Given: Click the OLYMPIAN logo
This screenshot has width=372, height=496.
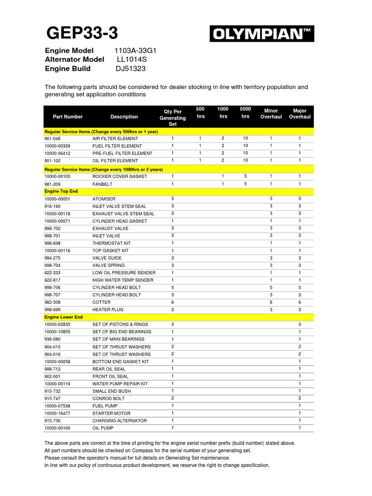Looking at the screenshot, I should click(x=262, y=34).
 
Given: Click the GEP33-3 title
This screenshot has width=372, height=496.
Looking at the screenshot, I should click(x=82, y=33).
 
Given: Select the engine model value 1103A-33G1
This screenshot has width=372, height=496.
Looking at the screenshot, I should click(x=136, y=51).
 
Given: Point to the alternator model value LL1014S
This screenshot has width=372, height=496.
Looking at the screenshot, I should click(x=132, y=60).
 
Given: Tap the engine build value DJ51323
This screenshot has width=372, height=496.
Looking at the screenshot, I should click(x=130, y=68).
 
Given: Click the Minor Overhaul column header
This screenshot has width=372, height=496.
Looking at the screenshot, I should click(x=271, y=114).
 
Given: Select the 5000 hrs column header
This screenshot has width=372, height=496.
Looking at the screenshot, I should click(x=246, y=113).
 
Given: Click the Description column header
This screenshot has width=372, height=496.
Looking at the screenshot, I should click(x=124, y=117).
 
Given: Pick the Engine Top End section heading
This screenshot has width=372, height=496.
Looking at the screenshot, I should click(x=61, y=191).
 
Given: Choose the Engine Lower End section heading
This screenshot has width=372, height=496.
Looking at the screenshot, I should click(x=63, y=317).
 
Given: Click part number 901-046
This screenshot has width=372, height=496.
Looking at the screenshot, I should click(x=53, y=139).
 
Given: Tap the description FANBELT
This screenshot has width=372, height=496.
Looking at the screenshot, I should click(x=102, y=184).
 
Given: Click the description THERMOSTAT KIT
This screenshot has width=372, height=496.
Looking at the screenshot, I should click(x=112, y=243).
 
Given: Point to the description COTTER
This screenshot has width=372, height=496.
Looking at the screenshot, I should click(x=102, y=302).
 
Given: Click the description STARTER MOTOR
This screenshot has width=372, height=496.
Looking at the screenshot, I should click(x=112, y=413).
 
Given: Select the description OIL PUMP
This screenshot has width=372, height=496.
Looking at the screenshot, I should click(x=103, y=428).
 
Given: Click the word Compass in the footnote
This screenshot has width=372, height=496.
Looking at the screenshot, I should click(x=148, y=450).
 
